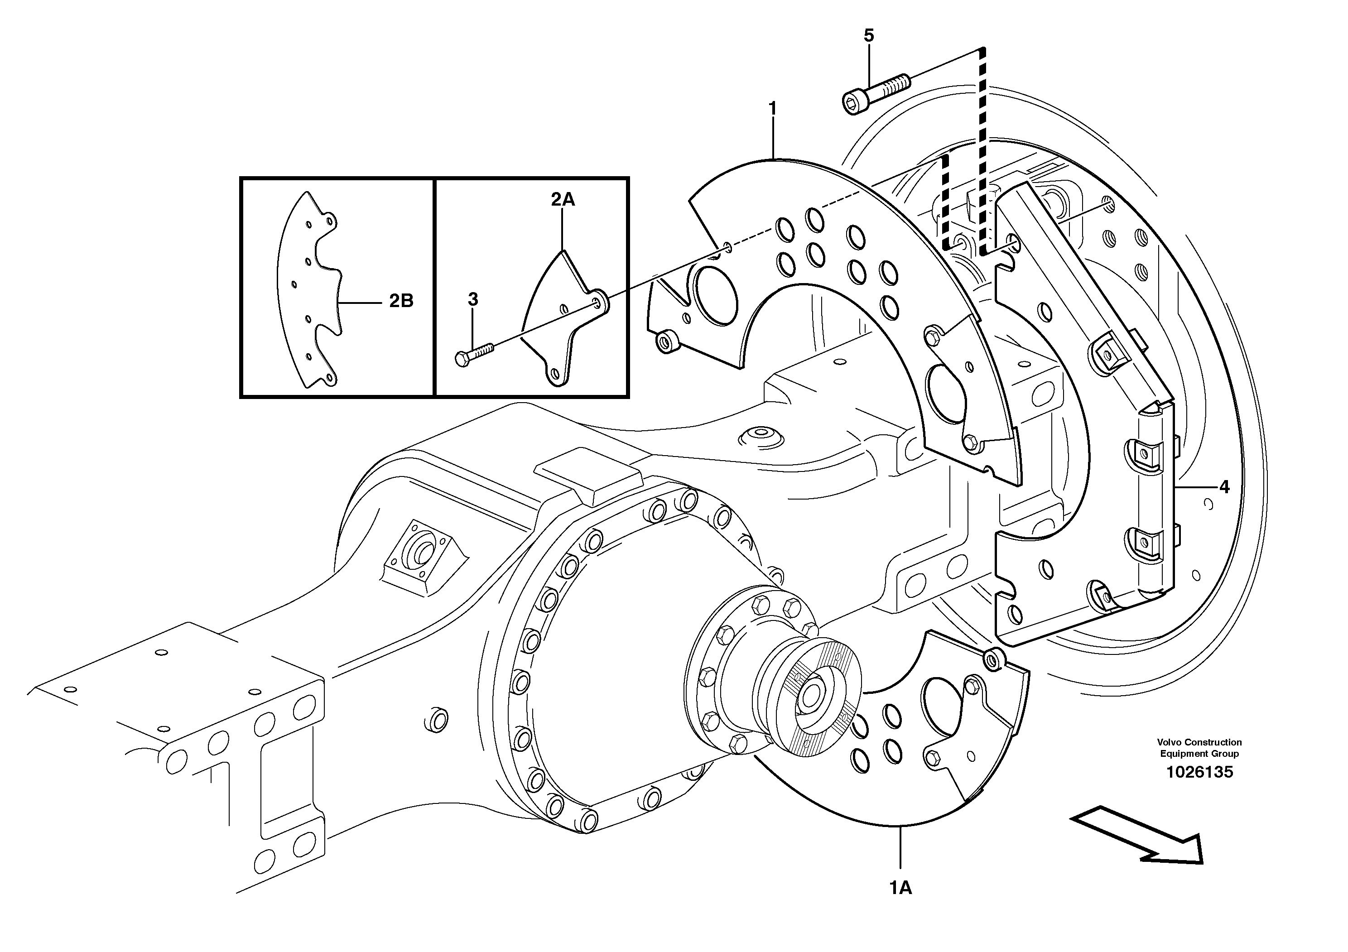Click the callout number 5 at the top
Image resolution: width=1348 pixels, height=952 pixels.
[869, 36]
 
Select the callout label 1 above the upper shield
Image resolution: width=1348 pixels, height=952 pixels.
[773, 109]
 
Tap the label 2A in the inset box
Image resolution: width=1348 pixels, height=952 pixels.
[563, 200]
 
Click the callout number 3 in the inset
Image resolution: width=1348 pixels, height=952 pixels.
[472, 299]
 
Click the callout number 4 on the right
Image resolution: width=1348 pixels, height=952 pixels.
[1224, 486]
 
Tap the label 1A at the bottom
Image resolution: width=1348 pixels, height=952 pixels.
[900, 888]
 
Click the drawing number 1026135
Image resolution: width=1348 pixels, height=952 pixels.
[1199, 772]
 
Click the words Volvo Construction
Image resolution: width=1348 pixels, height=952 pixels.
[1199, 742]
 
